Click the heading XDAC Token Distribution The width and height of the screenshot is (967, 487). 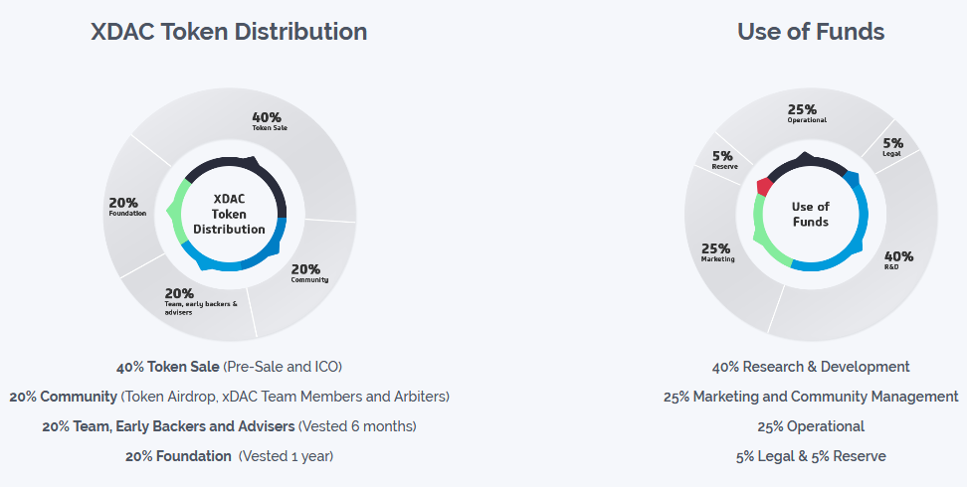(x=229, y=32)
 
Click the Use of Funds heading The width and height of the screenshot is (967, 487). (x=810, y=32)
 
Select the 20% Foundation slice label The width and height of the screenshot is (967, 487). (x=127, y=206)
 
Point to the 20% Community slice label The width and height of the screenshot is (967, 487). (x=308, y=272)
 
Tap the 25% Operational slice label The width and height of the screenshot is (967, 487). (x=806, y=113)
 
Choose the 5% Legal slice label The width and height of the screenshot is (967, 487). (x=892, y=146)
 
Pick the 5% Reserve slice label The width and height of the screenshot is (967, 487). (x=723, y=159)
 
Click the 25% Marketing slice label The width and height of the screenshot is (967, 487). (x=717, y=251)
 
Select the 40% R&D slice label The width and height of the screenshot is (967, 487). (x=897, y=259)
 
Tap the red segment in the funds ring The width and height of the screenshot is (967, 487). (x=764, y=186)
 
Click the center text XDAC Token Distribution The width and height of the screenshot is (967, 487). (x=229, y=214)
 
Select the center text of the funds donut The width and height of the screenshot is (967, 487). (x=810, y=214)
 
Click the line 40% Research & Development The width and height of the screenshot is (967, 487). (x=811, y=367)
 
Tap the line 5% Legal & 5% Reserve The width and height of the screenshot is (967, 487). (x=811, y=456)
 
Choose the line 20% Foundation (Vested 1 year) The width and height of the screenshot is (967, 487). (x=229, y=456)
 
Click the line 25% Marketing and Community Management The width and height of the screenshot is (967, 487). (x=811, y=397)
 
